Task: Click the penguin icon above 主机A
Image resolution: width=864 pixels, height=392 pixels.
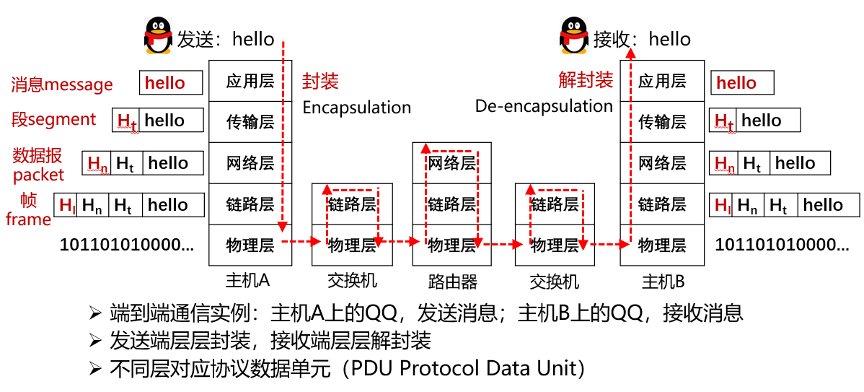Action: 159,36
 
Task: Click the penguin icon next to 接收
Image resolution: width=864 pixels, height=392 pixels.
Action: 575,36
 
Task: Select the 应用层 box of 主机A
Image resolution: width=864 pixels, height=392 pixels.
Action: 250,81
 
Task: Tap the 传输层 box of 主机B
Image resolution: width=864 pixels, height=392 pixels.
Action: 662,122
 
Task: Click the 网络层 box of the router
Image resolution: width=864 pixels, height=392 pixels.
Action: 452,163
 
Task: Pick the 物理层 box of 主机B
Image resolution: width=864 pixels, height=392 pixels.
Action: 662,245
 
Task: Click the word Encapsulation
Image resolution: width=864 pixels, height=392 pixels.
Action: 356,108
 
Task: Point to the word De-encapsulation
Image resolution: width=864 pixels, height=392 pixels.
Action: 544,106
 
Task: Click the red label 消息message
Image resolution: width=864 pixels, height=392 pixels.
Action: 62,84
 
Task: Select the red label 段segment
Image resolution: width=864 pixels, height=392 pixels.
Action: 54,119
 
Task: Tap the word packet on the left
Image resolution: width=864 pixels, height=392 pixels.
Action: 39,175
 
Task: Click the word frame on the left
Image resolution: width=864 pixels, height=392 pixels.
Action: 28,219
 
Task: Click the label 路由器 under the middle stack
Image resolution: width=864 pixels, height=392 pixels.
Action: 452,281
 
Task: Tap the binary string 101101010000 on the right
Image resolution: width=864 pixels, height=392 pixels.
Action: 782,245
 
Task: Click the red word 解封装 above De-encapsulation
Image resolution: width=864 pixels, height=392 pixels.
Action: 586,79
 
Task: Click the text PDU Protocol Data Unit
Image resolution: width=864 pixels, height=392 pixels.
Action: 464,368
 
